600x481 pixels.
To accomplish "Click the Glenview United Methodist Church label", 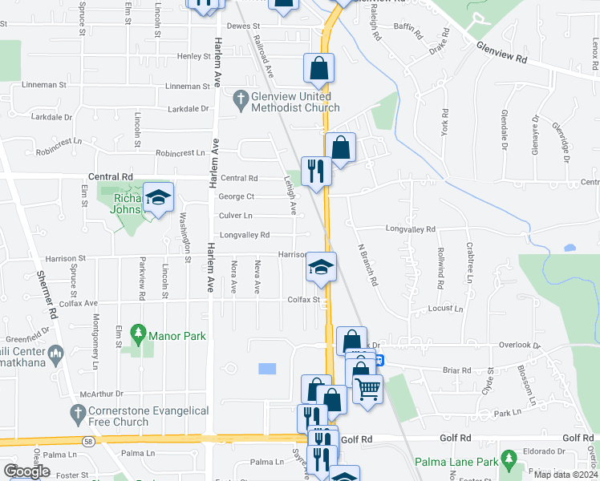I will point(294,102).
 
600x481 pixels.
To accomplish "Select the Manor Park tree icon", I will point(139,332).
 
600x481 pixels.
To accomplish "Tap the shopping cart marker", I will point(367,390).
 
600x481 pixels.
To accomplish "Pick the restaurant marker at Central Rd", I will point(316,171).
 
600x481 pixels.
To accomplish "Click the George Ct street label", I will point(237,196).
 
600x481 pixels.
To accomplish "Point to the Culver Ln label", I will point(236,216).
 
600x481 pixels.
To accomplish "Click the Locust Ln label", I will point(447,309).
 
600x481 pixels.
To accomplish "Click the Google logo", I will point(26,472).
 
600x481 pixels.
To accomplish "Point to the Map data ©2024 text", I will point(566,475).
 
